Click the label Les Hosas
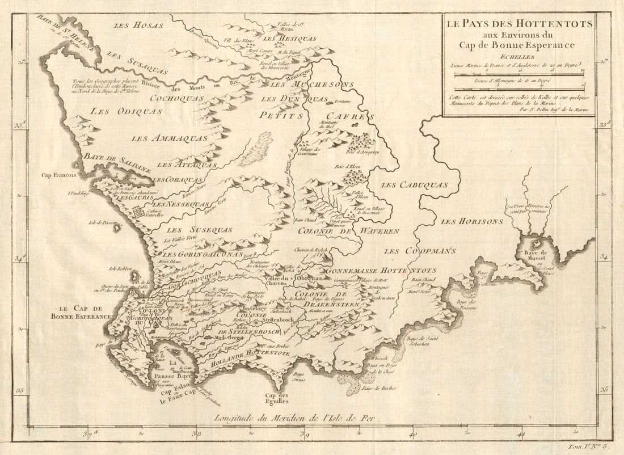(138, 26)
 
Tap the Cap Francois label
(59, 175)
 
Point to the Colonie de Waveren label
(348, 231)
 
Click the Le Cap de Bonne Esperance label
(80, 312)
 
